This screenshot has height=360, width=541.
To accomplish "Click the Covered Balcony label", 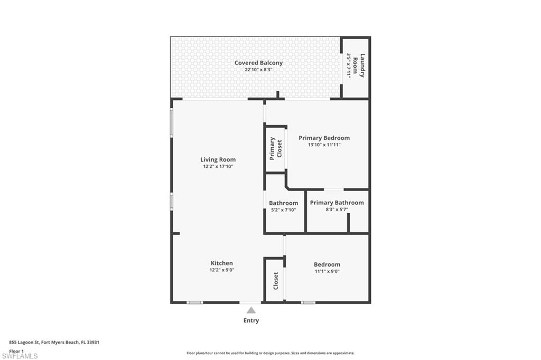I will point(258,63).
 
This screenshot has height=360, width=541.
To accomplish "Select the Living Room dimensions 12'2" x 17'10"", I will point(218,166).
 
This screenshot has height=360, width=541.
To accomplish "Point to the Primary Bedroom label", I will point(324,138).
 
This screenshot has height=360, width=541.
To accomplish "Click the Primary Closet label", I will point(276,149).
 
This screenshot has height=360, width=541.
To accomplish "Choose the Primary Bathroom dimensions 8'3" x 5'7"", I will point(337,210).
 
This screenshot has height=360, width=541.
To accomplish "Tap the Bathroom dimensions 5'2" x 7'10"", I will point(283,210).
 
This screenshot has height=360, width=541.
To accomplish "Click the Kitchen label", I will point(221,263).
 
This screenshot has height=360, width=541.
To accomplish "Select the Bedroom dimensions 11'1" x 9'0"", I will point(327,271).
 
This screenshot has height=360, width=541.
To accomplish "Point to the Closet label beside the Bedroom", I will point(276,281).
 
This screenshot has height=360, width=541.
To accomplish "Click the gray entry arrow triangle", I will point(251,310).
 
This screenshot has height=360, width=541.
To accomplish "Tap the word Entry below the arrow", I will point(251,320).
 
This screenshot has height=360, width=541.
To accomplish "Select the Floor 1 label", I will point(16,351).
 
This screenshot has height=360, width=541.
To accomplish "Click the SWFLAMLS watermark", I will point(20,356).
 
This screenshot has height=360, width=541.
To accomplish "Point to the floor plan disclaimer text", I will point(270,353).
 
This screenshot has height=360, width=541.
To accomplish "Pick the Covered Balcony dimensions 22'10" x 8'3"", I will point(258,70).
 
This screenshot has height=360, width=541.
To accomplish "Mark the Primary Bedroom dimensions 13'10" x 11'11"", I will point(324,145).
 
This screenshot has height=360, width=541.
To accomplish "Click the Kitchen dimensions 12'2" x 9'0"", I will point(221,270).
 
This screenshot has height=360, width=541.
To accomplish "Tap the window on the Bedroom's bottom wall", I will point(308,302).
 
